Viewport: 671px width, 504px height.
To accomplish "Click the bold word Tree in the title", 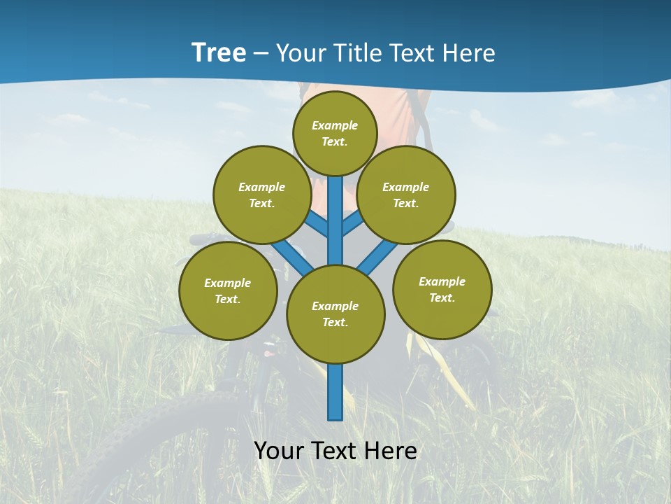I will [x=219, y=53].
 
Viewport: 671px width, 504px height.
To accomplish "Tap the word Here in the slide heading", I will [x=469, y=53].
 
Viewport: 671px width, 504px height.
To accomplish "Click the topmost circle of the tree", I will [x=335, y=133].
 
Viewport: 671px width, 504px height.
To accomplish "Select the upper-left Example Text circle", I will [x=262, y=195].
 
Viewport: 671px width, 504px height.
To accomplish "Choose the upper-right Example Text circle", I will [x=406, y=195].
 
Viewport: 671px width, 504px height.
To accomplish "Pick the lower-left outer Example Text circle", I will [x=228, y=290].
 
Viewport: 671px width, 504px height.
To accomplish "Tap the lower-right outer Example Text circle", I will [x=442, y=288].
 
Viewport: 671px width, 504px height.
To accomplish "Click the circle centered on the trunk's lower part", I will [x=335, y=314].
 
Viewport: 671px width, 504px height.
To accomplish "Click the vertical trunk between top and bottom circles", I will [x=335, y=220].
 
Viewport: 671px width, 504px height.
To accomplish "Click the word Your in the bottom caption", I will [x=279, y=451].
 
